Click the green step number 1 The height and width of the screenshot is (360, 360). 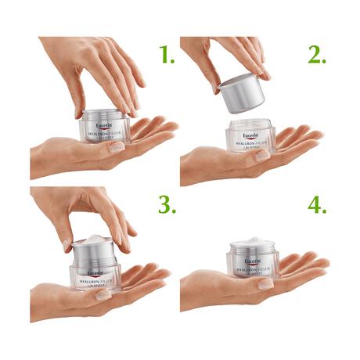[x=166, y=54]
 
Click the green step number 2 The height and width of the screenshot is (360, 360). [x=316, y=54]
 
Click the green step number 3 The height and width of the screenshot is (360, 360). [x=166, y=205]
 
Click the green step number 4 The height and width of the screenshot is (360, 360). [x=317, y=205]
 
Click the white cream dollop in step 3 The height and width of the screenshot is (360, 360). [x=95, y=239]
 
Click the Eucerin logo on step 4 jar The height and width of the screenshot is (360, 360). [x=253, y=261]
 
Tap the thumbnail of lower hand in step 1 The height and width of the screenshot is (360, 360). [x=117, y=147]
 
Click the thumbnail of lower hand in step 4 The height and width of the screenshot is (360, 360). [x=267, y=283]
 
